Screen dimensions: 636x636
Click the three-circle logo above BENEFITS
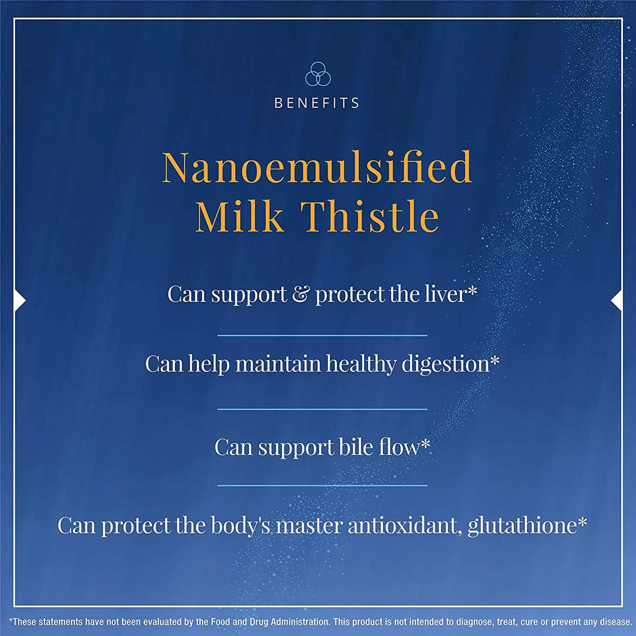tap(318, 74)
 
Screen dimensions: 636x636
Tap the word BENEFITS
tap(317, 103)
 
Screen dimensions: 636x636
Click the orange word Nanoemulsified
tap(317, 167)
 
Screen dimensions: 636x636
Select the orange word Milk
tap(239, 216)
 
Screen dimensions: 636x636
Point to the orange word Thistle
tap(369, 216)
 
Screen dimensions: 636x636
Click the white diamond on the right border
tap(617, 301)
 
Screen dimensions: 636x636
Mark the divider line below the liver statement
tap(322, 335)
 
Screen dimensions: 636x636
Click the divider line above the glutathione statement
tap(322, 486)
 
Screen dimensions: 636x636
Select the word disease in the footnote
tap(616, 622)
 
